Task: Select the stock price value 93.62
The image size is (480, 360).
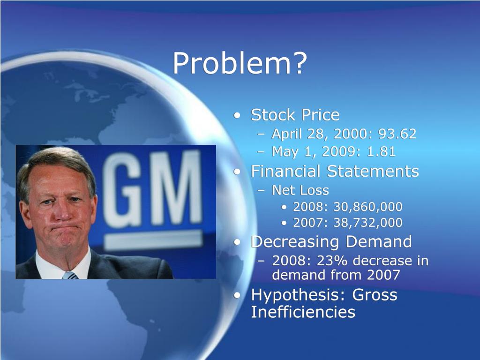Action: [397, 135]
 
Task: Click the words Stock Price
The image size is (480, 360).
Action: [295, 115]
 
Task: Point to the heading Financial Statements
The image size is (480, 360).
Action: [335, 171]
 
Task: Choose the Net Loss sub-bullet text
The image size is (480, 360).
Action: [300, 190]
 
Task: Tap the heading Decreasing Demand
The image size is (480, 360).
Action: [331, 242]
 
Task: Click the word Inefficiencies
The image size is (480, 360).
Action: [303, 312]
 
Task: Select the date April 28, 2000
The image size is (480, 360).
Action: [322, 135]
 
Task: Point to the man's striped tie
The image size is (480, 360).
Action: [70, 275]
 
